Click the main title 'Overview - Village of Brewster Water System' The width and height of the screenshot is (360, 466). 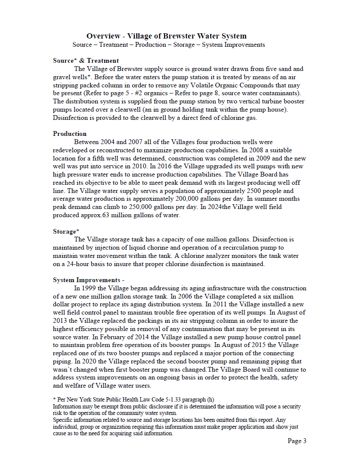(166, 36)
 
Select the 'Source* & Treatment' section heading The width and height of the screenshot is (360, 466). (86, 61)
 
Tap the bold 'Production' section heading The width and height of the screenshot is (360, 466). (70, 134)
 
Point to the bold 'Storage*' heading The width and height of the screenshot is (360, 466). (66, 231)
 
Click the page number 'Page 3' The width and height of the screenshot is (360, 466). (297, 441)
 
